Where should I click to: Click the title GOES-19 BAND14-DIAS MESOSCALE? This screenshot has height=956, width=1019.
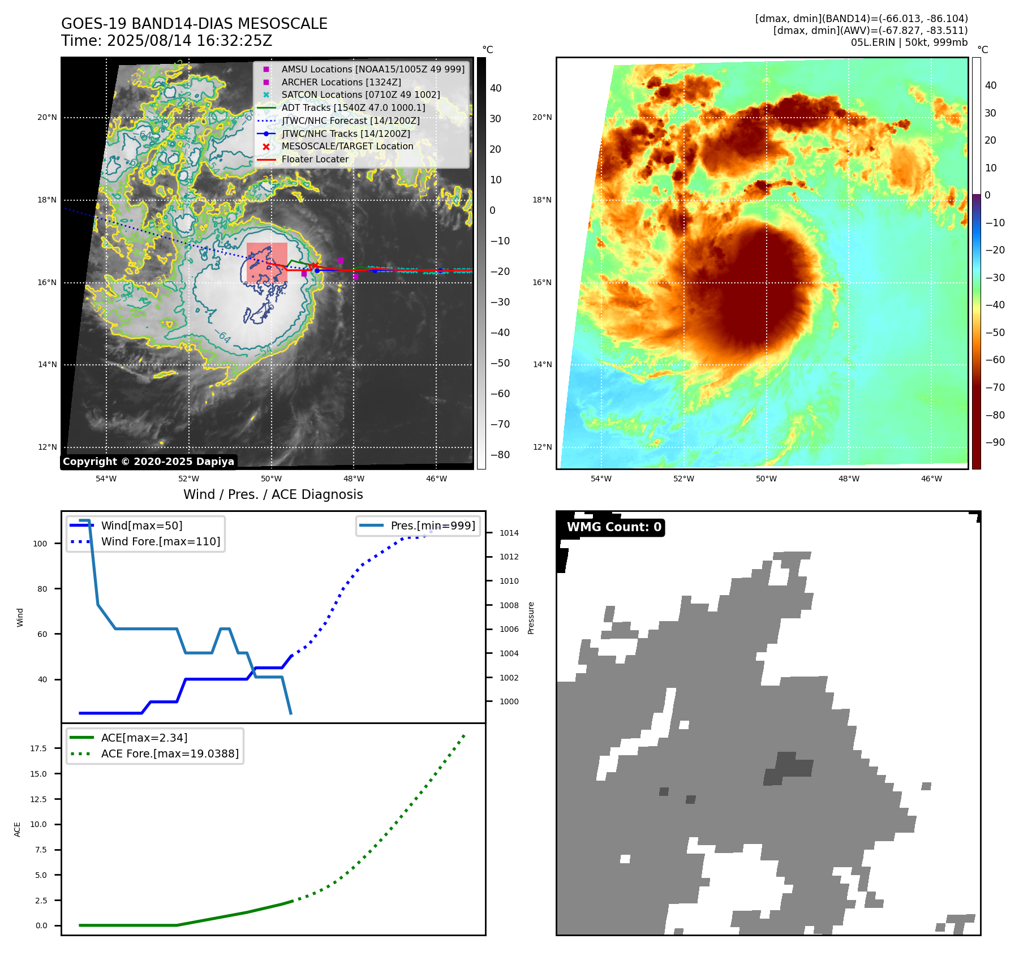194,24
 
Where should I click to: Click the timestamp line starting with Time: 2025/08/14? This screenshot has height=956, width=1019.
166,41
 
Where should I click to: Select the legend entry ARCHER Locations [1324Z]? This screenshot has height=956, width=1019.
341,82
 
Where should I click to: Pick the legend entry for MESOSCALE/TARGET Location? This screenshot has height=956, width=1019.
347,146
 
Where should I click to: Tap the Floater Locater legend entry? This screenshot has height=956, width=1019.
315,159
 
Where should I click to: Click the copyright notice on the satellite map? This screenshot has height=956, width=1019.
148,462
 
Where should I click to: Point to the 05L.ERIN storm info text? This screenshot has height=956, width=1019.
909,42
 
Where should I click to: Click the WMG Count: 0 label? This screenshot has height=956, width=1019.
614,527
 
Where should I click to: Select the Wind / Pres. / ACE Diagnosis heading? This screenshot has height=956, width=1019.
273,494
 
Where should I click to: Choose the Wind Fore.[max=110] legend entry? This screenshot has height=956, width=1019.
160,541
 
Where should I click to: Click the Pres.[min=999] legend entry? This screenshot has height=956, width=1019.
432,526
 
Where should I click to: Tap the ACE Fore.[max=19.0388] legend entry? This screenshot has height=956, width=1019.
169,753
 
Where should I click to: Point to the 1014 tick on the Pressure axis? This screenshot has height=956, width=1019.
509,533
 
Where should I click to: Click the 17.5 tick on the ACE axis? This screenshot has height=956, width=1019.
38,748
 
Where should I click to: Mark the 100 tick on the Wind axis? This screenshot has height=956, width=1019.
40,544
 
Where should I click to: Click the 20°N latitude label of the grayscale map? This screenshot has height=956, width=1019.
47,118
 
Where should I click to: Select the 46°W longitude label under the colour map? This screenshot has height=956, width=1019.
931,479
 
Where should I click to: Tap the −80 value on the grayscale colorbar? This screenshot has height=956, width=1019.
500,455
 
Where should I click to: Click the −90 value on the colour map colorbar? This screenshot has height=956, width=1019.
995,442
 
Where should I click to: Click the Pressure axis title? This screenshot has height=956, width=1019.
531,618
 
